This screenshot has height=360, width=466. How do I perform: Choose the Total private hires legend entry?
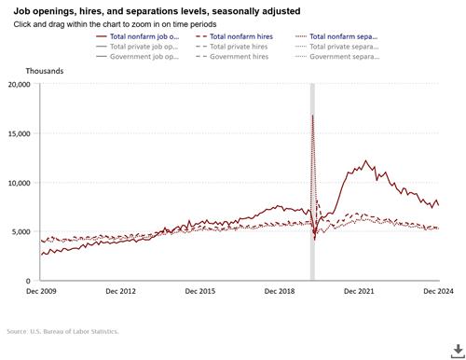click(243, 46)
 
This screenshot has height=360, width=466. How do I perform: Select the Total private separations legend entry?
click(344, 46)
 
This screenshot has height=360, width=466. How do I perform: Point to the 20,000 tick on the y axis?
click(19, 84)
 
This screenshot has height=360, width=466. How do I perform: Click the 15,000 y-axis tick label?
click(19, 133)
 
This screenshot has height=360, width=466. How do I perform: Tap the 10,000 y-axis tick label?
click(19, 183)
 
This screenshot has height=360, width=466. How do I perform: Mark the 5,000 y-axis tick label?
click(21, 231)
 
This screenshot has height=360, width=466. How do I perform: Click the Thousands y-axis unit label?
click(26, 69)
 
